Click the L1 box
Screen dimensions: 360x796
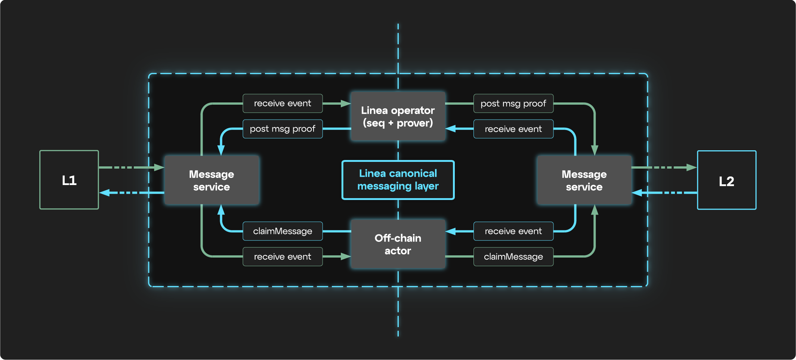(69, 180)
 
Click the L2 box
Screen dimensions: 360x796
(726, 180)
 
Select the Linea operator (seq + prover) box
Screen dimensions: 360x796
(398, 116)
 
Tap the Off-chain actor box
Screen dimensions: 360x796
(398, 244)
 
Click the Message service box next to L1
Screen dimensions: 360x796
(212, 180)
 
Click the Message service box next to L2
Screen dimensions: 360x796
(584, 180)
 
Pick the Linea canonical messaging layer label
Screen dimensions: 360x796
(398, 180)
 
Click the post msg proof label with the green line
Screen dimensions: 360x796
(513, 104)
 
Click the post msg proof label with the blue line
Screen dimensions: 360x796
(283, 129)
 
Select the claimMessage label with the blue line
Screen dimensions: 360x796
(283, 231)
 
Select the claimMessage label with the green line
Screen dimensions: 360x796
(513, 257)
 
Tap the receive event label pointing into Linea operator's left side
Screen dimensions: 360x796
(283, 104)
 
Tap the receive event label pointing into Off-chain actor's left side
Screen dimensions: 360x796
(283, 257)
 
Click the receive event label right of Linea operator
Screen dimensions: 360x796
(513, 129)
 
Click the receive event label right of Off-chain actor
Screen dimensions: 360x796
(513, 231)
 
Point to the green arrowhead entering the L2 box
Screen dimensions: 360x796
(692, 167)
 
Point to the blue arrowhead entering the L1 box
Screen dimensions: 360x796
(104, 193)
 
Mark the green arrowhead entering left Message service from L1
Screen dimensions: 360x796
(160, 167)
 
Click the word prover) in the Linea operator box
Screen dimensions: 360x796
(415, 123)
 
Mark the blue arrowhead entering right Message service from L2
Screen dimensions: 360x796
(637, 193)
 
